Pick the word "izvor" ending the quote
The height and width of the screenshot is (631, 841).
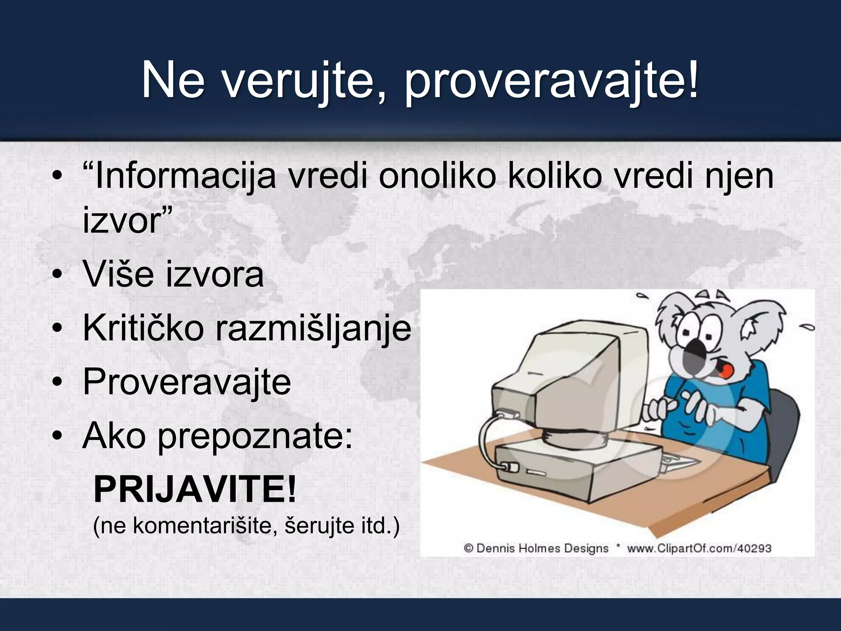pyautogui.click(x=122, y=221)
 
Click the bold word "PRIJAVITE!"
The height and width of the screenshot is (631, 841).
pyautogui.click(x=195, y=490)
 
